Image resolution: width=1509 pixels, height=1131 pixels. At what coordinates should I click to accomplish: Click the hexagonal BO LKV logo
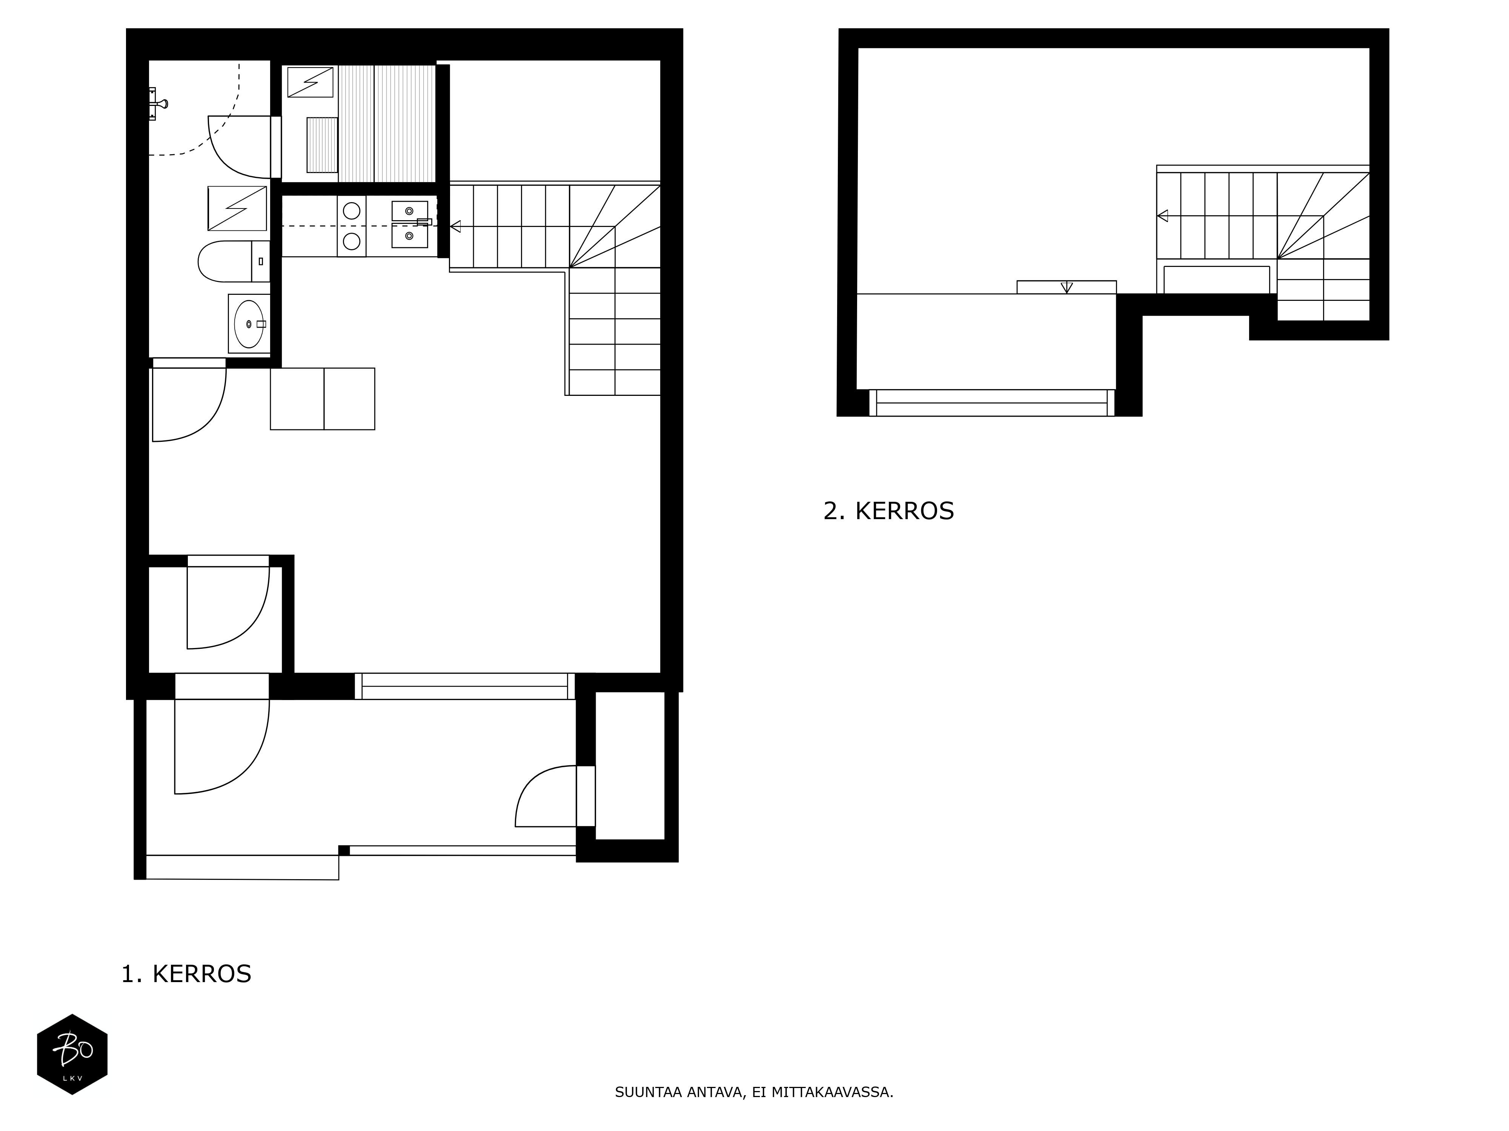pyautogui.click(x=72, y=1054)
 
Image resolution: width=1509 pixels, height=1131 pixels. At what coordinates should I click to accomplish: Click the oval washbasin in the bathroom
pyautogui.click(x=249, y=324)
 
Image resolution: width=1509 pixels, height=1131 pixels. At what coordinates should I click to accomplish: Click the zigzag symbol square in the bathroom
pyautogui.click(x=237, y=208)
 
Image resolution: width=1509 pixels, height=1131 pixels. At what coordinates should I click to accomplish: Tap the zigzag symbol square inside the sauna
pyautogui.click(x=310, y=82)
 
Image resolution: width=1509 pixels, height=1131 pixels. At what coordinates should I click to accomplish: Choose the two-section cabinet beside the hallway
pyautogui.click(x=323, y=399)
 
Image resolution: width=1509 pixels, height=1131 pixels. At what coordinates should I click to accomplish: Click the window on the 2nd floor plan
pyautogui.click(x=992, y=403)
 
